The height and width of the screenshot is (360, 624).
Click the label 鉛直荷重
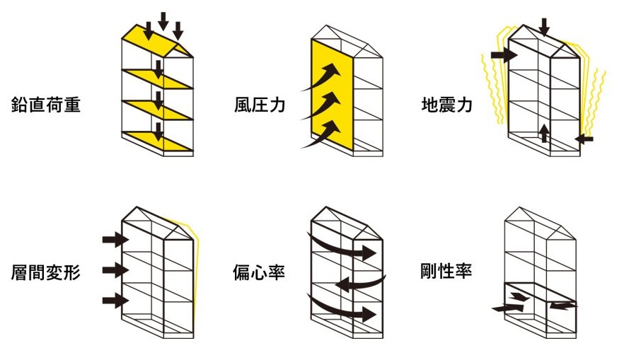(46, 106)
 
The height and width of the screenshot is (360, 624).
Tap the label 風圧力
(260, 106)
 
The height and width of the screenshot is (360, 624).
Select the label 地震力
(446, 106)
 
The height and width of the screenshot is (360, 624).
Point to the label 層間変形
(46, 272)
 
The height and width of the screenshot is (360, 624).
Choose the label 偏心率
(260, 272)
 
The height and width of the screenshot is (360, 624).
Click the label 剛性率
(446, 272)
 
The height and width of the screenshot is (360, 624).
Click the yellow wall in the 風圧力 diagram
(333, 99)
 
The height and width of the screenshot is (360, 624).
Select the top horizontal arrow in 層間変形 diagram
(114, 240)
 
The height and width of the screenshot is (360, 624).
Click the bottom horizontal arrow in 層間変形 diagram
(114, 300)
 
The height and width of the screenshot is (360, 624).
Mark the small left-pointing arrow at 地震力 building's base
(584, 139)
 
